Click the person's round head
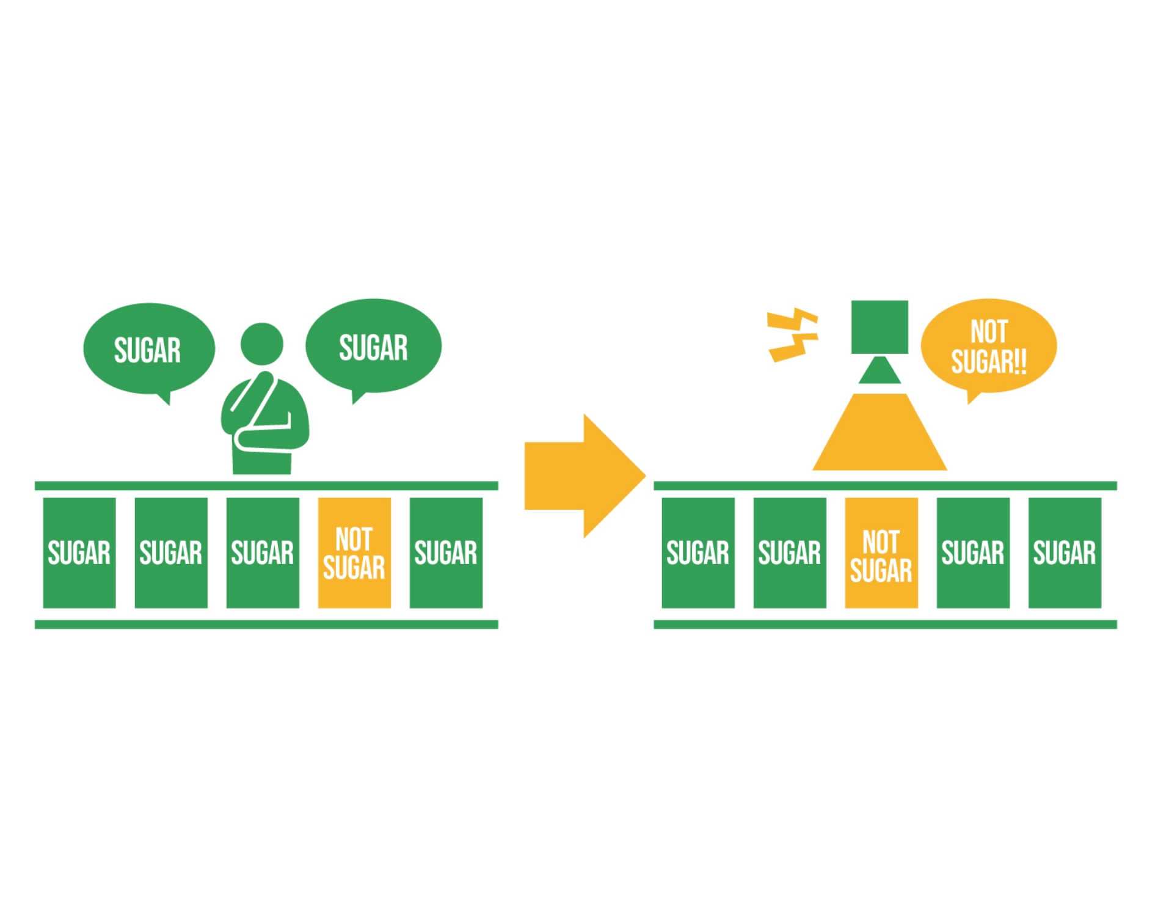click(x=261, y=344)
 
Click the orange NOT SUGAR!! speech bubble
click(x=988, y=346)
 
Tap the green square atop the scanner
click(x=879, y=327)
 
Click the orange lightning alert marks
click(x=792, y=336)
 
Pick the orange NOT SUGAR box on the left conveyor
click(x=354, y=553)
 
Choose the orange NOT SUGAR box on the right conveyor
click(x=881, y=553)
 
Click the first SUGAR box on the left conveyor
click(x=79, y=553)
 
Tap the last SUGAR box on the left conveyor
click(x=446, y=553)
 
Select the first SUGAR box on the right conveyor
click(x=698, y=553)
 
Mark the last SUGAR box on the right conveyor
click(x=1065, y=553)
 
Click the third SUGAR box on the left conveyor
click(x=263, y=553)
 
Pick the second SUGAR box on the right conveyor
click(x=790, y=553)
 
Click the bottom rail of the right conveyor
click(x=885, y=624)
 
